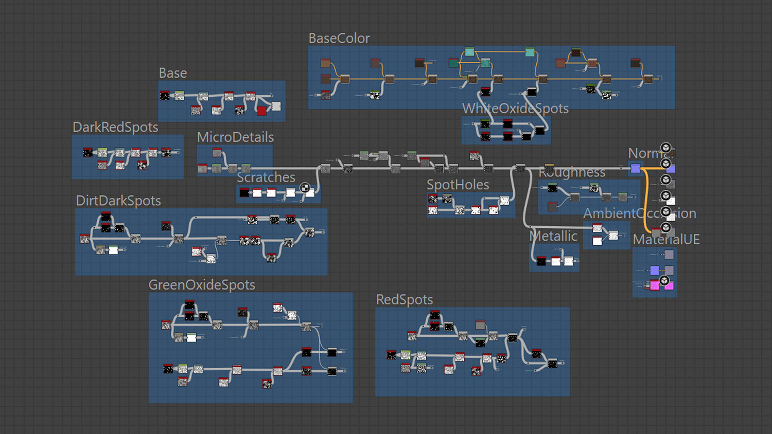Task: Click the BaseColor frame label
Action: [339, 39]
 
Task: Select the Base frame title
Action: [172, 74]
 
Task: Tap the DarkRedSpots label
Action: [115, 128]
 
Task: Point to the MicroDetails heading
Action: [235, 137]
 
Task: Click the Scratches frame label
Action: [266, 177]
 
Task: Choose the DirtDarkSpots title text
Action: [118, 201]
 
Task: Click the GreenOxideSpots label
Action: [202, 285]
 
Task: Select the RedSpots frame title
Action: [404, 300]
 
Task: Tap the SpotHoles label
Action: [458, 185]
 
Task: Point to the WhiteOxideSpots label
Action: [515, 109]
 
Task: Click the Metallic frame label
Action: [554, 237]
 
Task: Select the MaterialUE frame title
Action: [666, 240]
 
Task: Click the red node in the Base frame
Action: [262, 111]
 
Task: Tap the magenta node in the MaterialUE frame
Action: [655, 285]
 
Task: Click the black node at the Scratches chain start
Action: [244, 193]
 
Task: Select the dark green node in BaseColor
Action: [453, 63]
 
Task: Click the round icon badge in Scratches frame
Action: [305, 188]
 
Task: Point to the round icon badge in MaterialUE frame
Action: [664, 280]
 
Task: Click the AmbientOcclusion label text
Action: [639, 213]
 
